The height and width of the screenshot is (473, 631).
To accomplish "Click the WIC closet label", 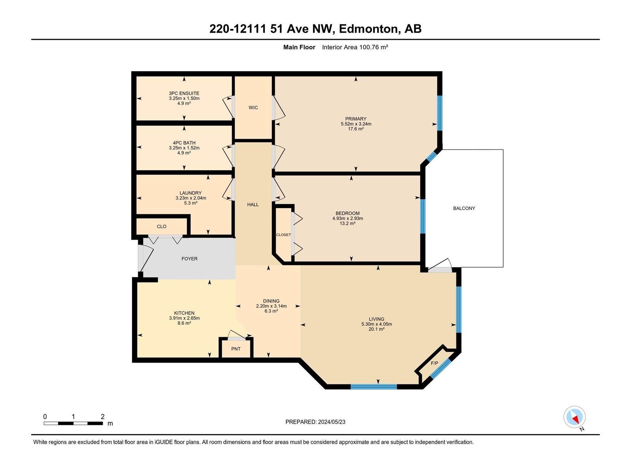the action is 253,108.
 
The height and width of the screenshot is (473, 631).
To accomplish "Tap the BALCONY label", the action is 464,208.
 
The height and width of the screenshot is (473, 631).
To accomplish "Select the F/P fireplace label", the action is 434,363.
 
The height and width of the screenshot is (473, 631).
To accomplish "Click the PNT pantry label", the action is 236,349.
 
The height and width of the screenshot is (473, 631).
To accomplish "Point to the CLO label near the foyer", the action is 162,227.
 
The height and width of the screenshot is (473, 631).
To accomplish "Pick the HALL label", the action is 253,205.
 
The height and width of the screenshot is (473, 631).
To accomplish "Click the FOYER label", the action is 189,259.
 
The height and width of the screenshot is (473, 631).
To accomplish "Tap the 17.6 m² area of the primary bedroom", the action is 356,129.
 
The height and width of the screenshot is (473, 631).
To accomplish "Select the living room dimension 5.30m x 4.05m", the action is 377,324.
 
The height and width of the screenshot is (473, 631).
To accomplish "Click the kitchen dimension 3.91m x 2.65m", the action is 184,318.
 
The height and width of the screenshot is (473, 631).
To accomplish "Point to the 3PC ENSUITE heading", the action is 184,93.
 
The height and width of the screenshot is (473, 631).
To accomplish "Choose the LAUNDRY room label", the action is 190,193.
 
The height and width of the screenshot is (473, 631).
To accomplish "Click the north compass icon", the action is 574,417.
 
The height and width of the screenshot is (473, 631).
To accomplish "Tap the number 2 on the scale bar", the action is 103,416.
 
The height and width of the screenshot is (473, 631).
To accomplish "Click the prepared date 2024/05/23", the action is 332,422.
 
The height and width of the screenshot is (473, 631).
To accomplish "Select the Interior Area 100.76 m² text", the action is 355,47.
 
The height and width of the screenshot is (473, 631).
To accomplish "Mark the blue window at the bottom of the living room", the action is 374,387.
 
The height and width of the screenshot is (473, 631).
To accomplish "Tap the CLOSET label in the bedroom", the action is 284,235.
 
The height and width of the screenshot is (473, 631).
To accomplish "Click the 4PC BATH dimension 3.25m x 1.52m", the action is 184,148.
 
